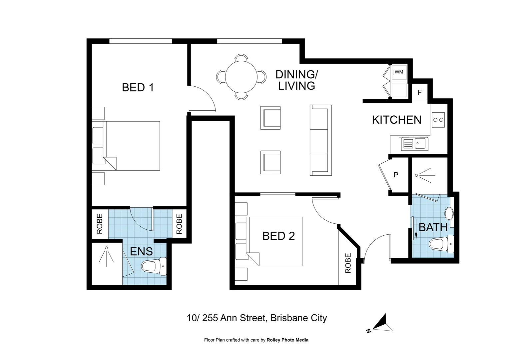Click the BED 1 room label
138,88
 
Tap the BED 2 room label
278,236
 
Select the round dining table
241,77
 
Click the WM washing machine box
399,72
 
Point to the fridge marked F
420,92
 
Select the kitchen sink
415,144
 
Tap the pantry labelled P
396,175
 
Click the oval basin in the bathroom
449,214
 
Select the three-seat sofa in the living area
321,140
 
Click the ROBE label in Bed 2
348,263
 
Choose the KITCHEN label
396,120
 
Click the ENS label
141,251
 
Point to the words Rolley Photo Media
287,340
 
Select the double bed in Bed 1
132,146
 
